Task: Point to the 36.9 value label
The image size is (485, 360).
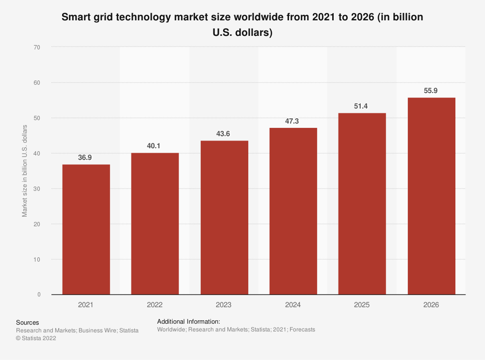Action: click(x=86, y=158)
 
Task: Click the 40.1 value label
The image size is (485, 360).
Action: click(x=155, y=146)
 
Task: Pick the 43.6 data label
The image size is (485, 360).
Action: click(x=224, y=134)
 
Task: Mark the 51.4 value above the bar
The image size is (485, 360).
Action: click(x=362, y=107)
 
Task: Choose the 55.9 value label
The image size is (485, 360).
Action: click(x=431, y=91)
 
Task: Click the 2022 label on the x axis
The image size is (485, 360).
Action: click(x=155, y=305)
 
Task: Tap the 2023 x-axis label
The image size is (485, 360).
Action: click(x=224, y=305)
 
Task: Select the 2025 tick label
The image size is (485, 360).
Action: click(x=362, y=305)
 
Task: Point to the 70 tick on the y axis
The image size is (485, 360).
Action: click(x=37, y=47)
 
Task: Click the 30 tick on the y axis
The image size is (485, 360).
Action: click(x=37, y=188)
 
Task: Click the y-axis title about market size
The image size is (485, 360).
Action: click(x=25, y=171)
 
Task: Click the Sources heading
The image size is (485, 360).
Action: click(x=28, y=322)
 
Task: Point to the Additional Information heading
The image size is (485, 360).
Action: click(x=189, y=321)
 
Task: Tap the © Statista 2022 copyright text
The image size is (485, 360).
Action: click(x=36, y=339)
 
